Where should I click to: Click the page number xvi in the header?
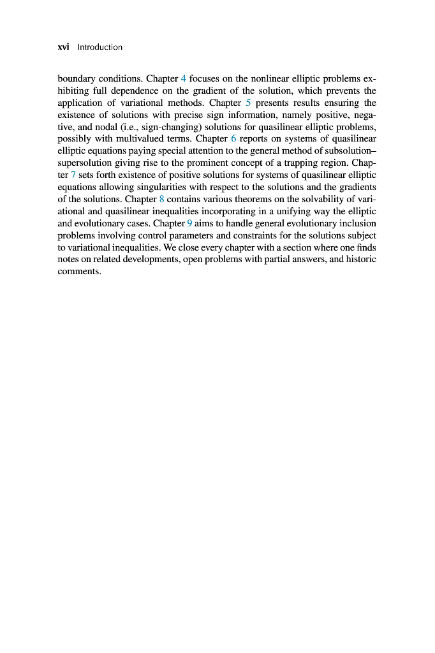pyautogui.click(x=64, y=47)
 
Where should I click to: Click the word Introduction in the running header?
pyautogui.click(x=100, y=47)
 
